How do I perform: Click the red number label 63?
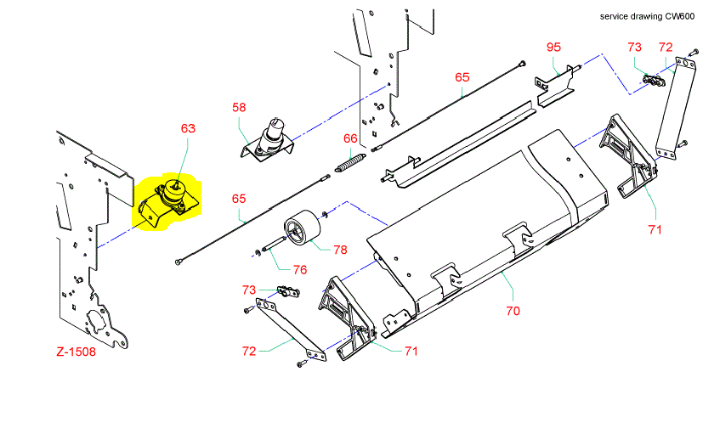point(188,128)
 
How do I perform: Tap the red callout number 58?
point(240,107)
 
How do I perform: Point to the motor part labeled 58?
point(271,138)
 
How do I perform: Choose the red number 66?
point(350,138)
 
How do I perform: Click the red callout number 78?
point(340,250)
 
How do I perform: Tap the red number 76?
point(299,270)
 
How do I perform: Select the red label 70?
point(513,311)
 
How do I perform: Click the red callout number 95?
point(553,46)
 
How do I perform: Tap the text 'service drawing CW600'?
point(647,16)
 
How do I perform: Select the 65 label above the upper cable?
point(462,76)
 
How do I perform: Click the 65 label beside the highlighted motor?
point(240,198)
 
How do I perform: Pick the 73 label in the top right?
point(635,46)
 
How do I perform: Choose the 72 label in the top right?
point(666,46)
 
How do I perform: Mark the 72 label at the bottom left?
point(250,350)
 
